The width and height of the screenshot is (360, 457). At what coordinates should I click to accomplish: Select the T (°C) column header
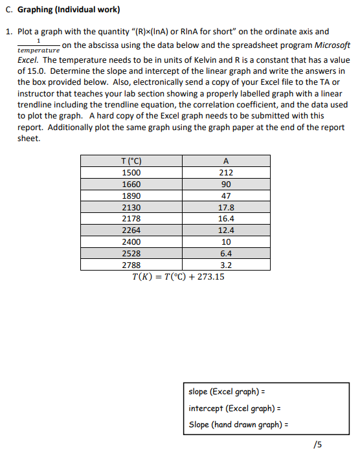(132, 161)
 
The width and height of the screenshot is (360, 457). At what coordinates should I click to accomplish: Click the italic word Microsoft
(329, 45)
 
